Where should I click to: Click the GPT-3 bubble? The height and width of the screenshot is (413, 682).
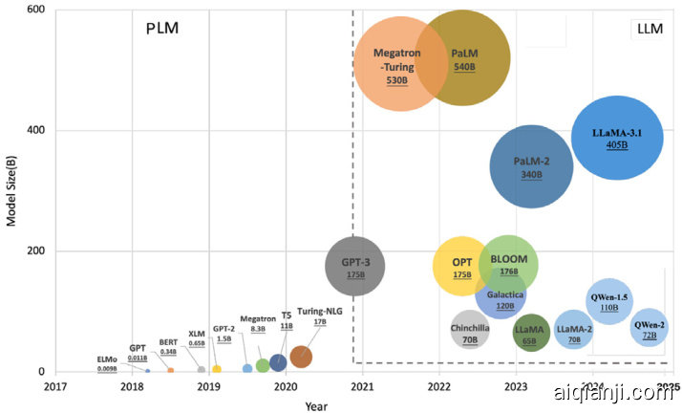[x=355, y=265]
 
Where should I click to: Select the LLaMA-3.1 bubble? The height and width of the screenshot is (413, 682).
[x=616, y=137]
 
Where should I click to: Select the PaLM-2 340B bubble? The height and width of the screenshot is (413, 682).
[x=531, y=165]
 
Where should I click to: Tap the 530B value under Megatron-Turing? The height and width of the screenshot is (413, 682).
[x=396, y=81]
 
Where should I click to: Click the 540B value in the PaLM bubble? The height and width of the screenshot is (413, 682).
[x=464, y=69]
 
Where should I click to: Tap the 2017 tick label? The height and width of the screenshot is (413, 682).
[x=55, y=387]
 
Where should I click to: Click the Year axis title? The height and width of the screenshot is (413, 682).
[x=315, y=405]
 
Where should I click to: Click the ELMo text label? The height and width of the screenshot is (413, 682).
[x=107, y=359]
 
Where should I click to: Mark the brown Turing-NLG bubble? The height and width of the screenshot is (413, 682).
[x=301, y=357]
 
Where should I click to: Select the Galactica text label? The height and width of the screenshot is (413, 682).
[x=505, y=294]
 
